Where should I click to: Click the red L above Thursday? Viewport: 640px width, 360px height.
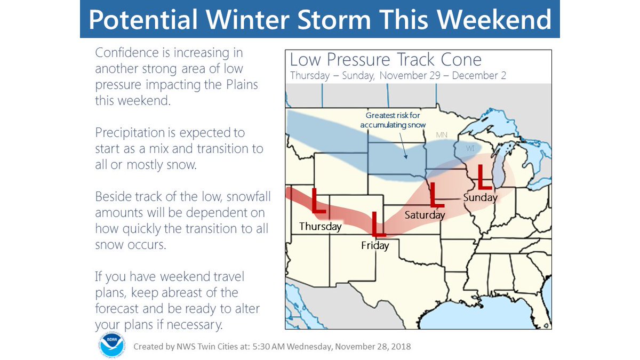click(318, 202)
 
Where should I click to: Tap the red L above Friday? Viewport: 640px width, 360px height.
click(378, 225)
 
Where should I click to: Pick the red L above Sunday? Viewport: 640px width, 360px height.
click(484, 177)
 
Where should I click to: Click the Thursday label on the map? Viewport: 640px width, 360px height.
click(320, 226)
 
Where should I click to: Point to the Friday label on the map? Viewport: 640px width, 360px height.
click(374, 246)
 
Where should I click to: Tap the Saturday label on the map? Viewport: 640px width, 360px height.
click(425, 215)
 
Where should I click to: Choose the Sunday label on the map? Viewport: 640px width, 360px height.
click(480, 197)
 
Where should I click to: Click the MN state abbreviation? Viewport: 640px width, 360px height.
click(442, 135)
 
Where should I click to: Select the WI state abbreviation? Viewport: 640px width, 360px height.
click(470, 149)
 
